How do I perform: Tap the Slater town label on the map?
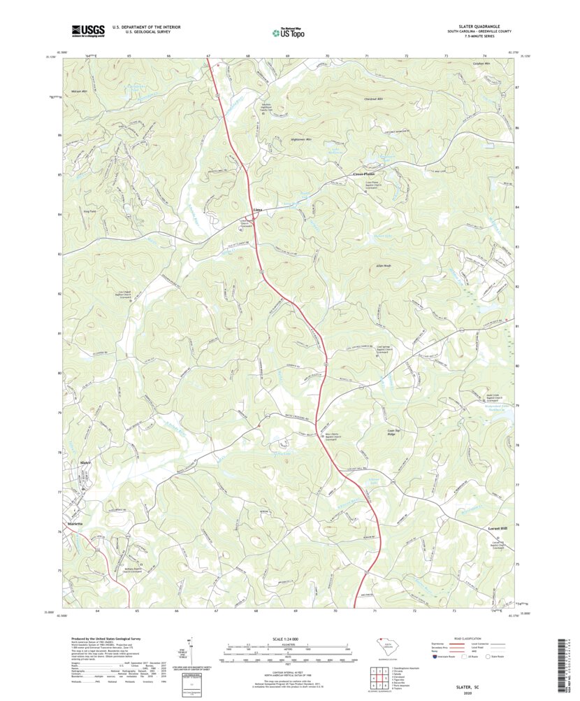coord(86,462)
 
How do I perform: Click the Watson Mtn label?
coord(78,92)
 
